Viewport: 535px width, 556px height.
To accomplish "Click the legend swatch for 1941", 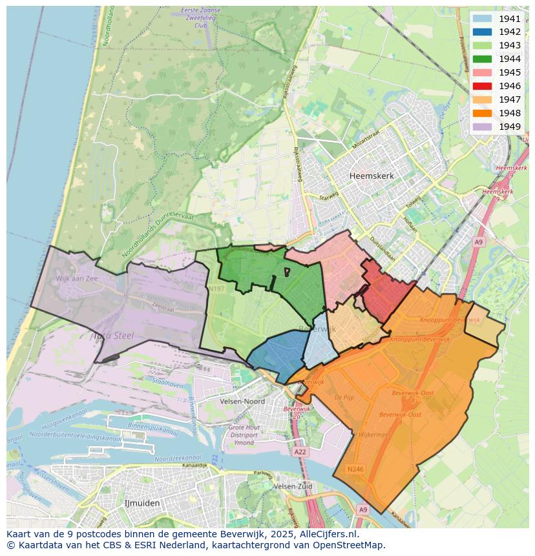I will click(x=481, y=19).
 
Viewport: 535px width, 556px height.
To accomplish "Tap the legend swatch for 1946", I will click(x=481, y=86).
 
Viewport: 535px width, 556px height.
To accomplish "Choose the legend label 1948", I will click(x=510, y=113).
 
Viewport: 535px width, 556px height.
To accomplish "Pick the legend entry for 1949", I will click(x=510, y=127).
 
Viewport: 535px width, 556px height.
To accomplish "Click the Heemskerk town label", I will click(x=371, y=176).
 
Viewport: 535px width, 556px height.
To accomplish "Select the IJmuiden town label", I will click(x=142, y=502).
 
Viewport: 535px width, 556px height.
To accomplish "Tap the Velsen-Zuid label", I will click(x=293, y=486).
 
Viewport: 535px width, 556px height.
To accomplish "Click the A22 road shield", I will click(x=300, y=452).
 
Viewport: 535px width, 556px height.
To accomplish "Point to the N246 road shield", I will click(x=355, y=469).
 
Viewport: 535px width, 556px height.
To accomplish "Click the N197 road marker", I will click(x=216, y=289).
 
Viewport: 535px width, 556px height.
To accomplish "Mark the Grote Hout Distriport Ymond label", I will click(x=244, y=435).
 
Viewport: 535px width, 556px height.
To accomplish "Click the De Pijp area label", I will click(x=344, y=398).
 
